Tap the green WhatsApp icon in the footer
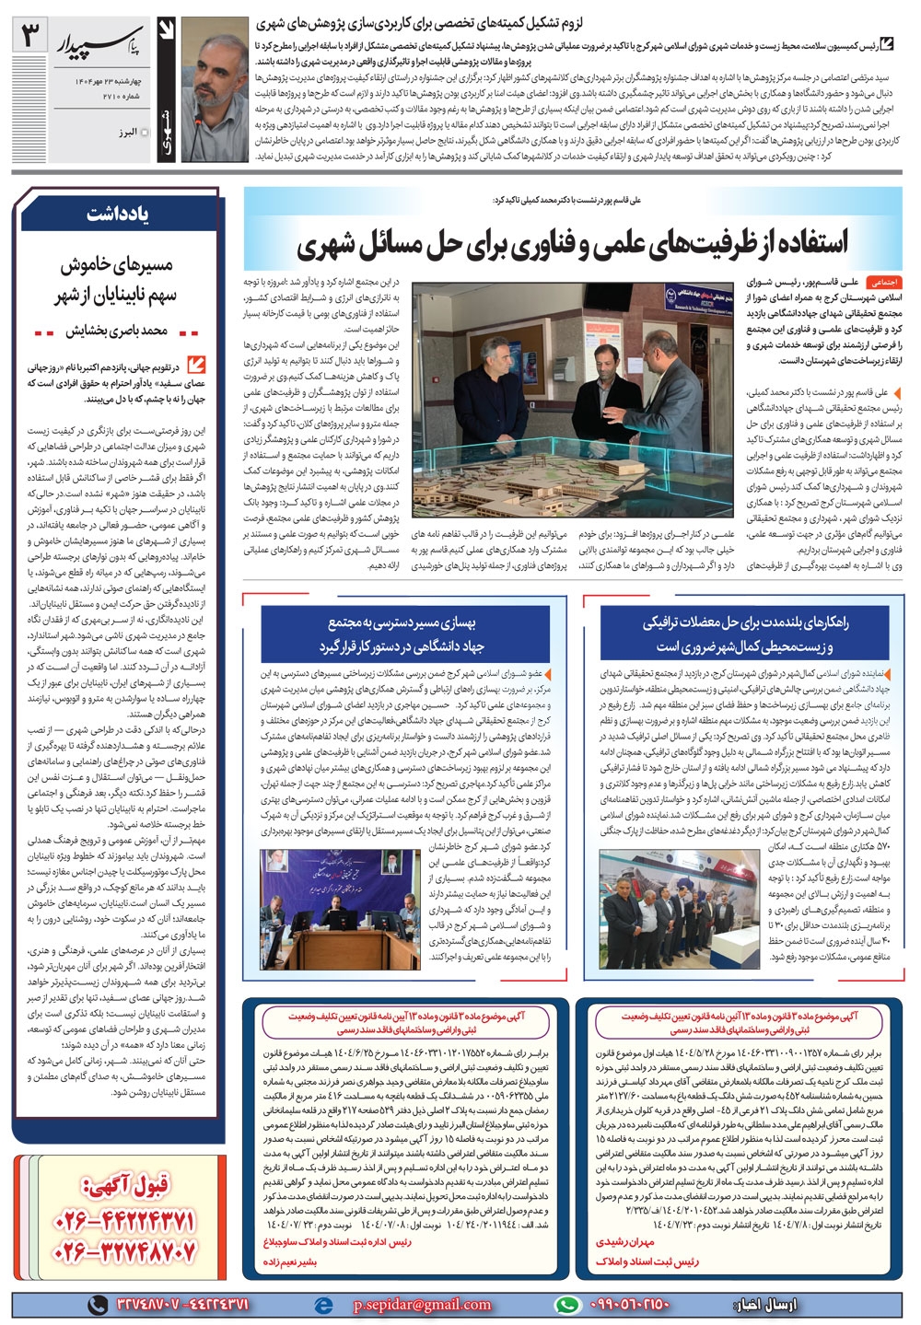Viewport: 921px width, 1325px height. click(568, 1305)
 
